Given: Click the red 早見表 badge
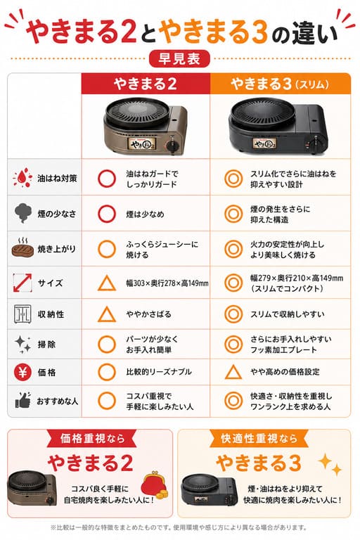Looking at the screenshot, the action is point(179,58).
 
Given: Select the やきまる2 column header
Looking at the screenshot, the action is point(146,84).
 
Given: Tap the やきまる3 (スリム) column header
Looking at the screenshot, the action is point(280,84).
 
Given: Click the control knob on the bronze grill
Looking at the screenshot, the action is point(172,146).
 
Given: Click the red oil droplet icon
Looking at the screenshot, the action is point(22,177).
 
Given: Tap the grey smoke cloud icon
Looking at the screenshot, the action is point(23,213).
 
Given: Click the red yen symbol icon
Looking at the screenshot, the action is point(22,372).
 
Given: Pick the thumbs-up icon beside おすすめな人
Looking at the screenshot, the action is point(22,401).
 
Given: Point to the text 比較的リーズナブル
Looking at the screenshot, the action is point(158,372).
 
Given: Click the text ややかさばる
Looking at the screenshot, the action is point(148,314).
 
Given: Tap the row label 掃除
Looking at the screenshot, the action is point(46,345).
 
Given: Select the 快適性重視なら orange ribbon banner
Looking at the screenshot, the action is point(259,439).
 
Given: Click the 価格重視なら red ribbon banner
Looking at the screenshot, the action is point(92,439).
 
